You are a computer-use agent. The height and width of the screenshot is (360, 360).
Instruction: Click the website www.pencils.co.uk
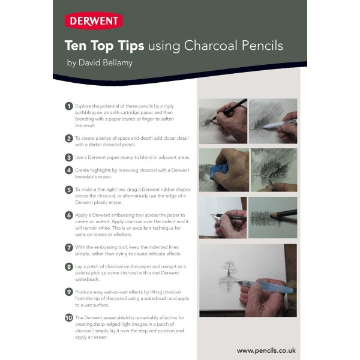(x=266, y=350)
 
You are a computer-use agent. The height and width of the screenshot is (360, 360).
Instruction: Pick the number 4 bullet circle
(x=69, y=170)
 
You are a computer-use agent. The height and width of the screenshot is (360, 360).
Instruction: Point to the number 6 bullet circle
(x=69, y=215)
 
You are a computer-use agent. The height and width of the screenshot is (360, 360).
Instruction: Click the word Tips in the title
(x=130, y=46)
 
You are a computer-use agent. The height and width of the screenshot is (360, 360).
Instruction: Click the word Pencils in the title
(x=260, y=46)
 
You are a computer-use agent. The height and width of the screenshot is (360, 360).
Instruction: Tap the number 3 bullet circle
(x=69, y=157)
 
